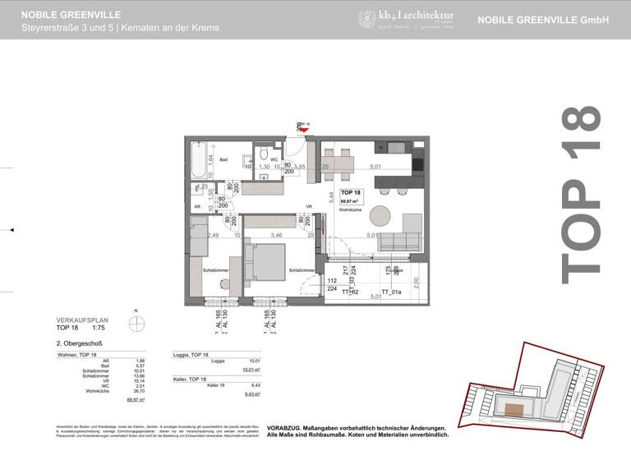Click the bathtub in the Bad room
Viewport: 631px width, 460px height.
(197, 161)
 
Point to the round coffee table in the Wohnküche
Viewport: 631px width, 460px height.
(380, 216)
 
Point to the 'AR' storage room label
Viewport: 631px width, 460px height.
(196, 206)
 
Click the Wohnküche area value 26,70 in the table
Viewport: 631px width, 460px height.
(139, 391)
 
